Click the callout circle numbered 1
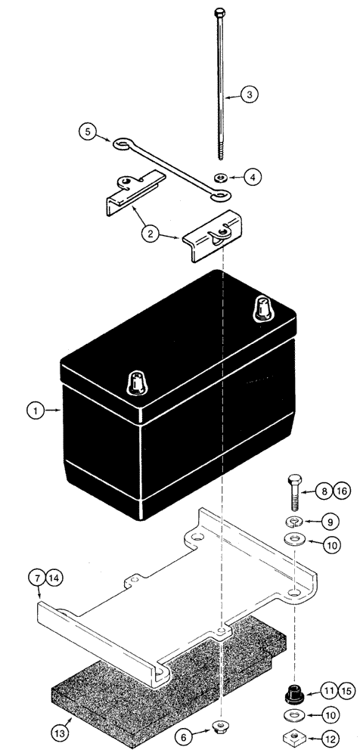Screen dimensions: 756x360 (34, 411)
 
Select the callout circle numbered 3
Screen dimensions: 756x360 (250, 95)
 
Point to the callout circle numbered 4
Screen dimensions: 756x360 (255, 177)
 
